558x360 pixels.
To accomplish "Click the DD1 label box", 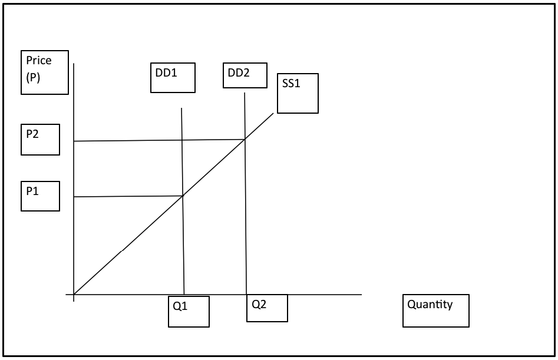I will coord(173,78).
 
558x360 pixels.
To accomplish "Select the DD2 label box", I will coord(245,75).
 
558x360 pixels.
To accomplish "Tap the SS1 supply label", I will coord(298,93).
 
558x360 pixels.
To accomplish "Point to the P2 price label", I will coord(40,140).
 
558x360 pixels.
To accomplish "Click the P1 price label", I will coord(40,196).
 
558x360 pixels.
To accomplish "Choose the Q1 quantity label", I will coord(189,311).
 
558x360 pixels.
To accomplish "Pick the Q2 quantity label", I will coord(267,308).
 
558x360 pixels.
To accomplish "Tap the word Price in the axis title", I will coord(39,61).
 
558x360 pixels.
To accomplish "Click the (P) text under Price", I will coord(33,77).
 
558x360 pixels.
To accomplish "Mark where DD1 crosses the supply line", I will coord(183,196).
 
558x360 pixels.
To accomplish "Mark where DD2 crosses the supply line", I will coord(245,140).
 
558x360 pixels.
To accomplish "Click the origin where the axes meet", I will coord(74,294).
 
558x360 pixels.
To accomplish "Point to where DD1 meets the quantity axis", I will coord(184,294).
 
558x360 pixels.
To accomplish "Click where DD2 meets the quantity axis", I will coord(246,294).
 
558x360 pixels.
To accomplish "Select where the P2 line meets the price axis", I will coord(74,141).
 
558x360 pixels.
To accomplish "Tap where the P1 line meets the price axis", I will coord(74,197).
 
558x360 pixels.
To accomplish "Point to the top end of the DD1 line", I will coord(181,108).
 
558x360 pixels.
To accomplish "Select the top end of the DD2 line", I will coord(245,93).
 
